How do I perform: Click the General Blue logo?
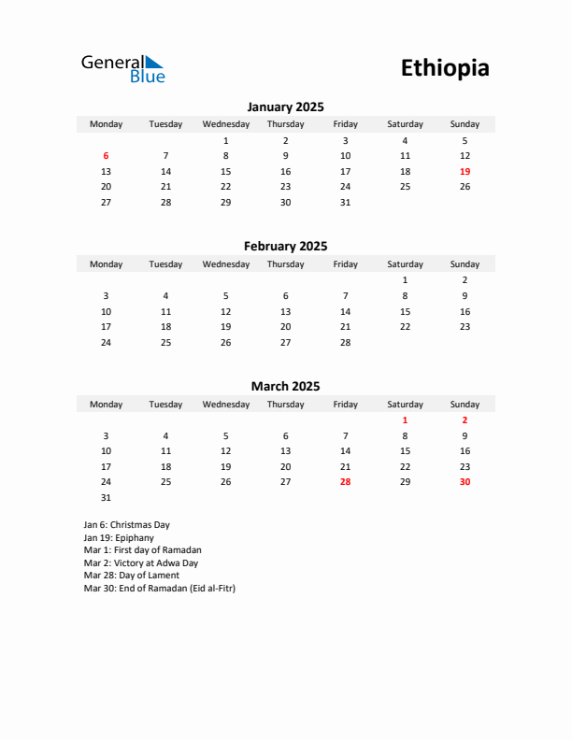tap(122, 68)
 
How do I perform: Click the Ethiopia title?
tap(445, 68)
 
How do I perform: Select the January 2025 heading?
tap(285, 107)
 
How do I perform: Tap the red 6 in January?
tap(106, 156)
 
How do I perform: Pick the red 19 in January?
tap(465, 172)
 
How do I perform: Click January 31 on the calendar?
tap(345, 202)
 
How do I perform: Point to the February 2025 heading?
tap(285, 247)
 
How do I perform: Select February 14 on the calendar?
tap(345, 311)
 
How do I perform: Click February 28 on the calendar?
tap(345, 343)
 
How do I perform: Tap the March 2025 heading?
tap(285, 386)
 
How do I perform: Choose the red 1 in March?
tap(405, 420)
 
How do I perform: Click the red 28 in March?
tap(345, 482)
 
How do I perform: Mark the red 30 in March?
tap(465, 482)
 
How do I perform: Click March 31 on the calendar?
tap(106, 498)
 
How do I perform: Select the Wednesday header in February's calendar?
tap(225, 264)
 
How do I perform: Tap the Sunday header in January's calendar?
tap(465, 124)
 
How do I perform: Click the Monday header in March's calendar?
tap(106, 405)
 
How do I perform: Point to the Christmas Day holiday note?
tap(126, 525)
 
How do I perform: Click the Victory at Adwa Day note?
tap(140, 563)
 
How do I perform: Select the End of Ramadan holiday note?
tap(159, 589)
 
